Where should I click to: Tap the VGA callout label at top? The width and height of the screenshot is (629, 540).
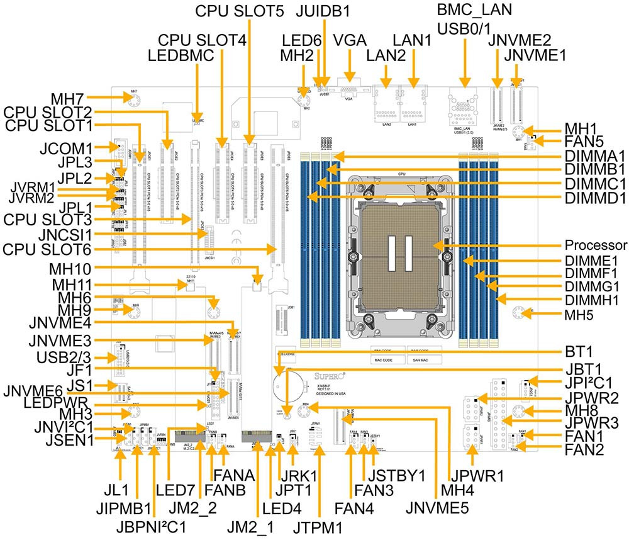point(350,40)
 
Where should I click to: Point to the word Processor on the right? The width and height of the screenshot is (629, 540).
point(596,245)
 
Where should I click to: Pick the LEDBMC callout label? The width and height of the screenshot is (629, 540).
point(181,55)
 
